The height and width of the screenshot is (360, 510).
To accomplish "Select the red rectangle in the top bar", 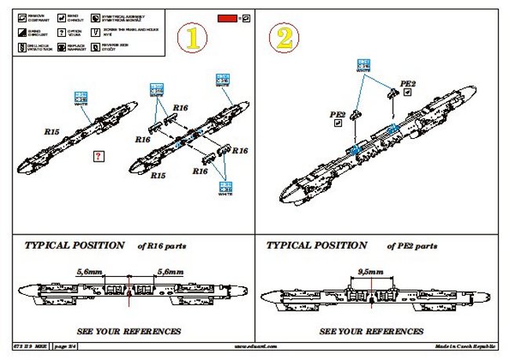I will pyautogui.click(x=228, y=16).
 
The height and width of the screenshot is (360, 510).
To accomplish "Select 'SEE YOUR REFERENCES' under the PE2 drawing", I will pyautogui.click(x=372, y=331).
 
